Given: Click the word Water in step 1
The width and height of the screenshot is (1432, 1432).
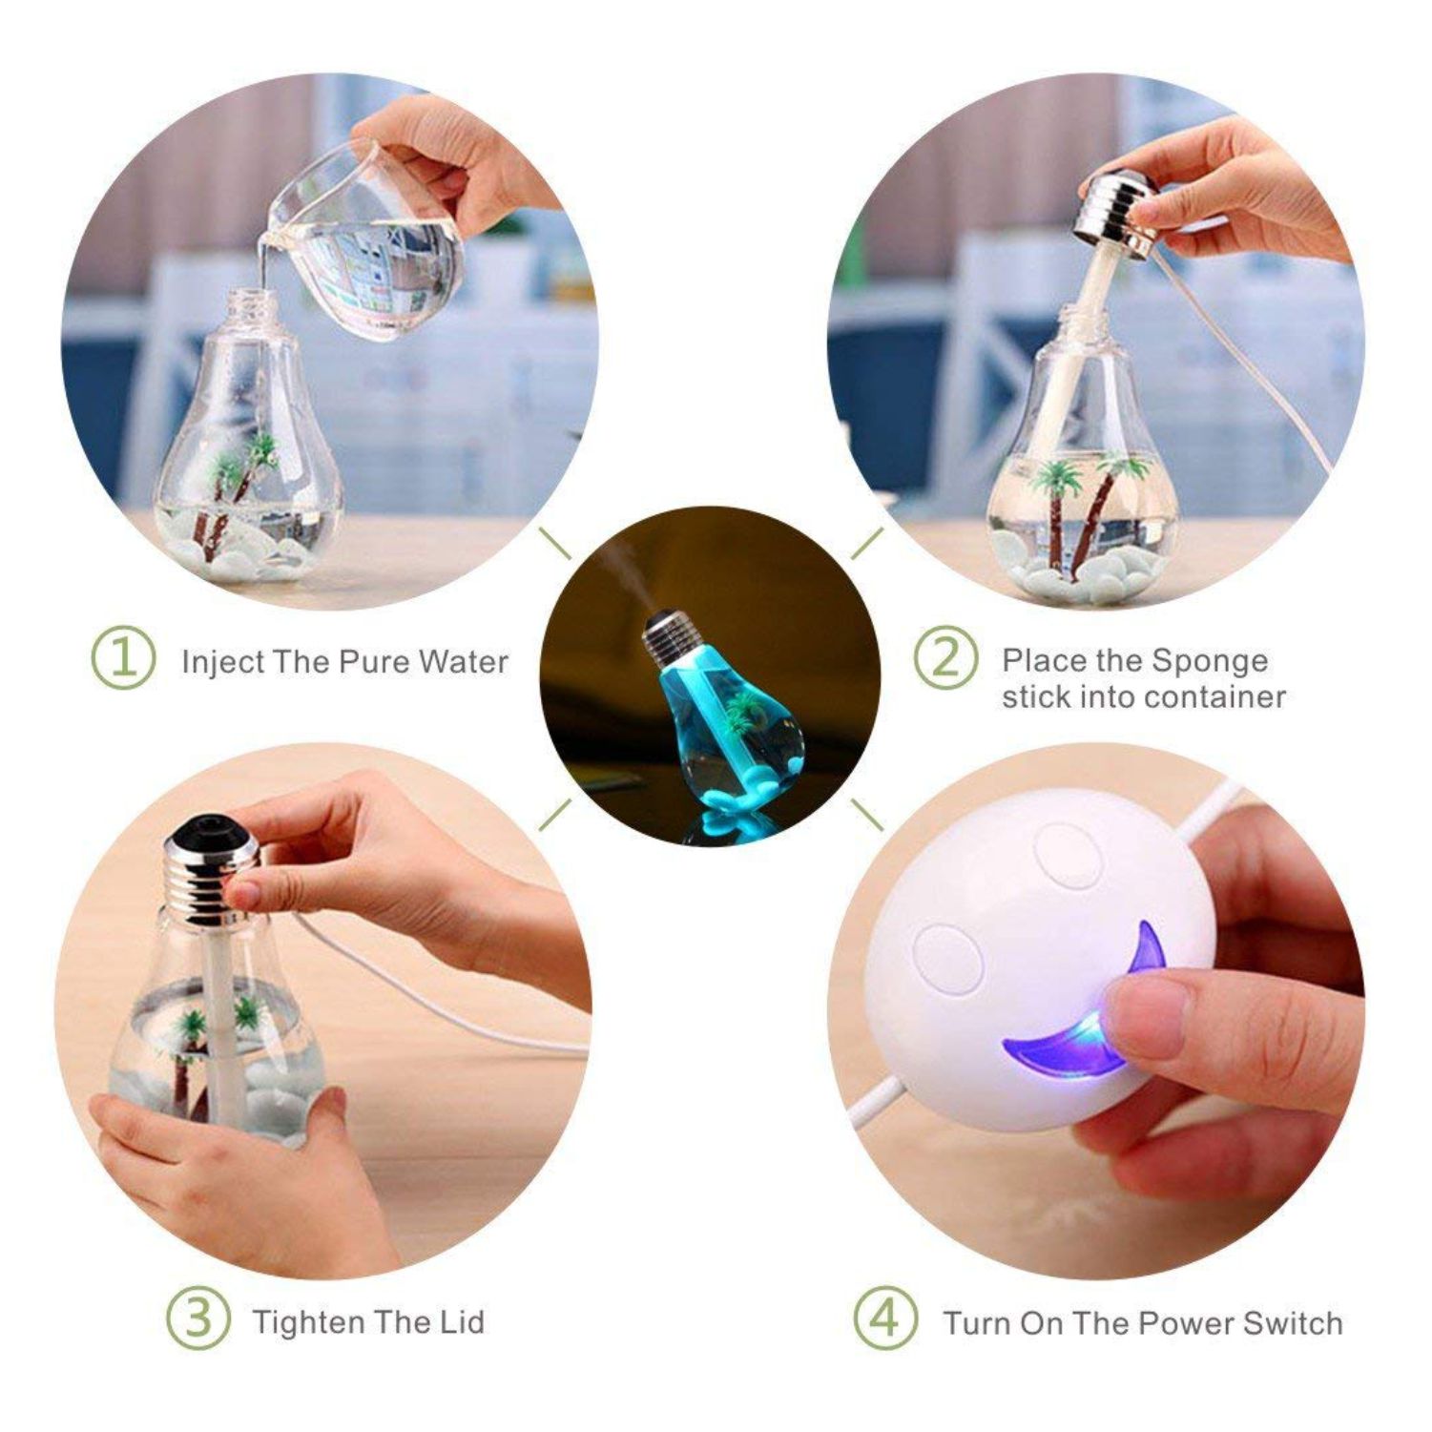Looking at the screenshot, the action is [464, 661].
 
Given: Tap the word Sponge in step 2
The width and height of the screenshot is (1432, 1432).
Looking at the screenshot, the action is [1210, 661].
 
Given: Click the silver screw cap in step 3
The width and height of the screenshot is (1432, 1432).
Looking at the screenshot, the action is [212, 870].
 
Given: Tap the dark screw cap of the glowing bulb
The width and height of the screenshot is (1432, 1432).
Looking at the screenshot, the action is [668, 639].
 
